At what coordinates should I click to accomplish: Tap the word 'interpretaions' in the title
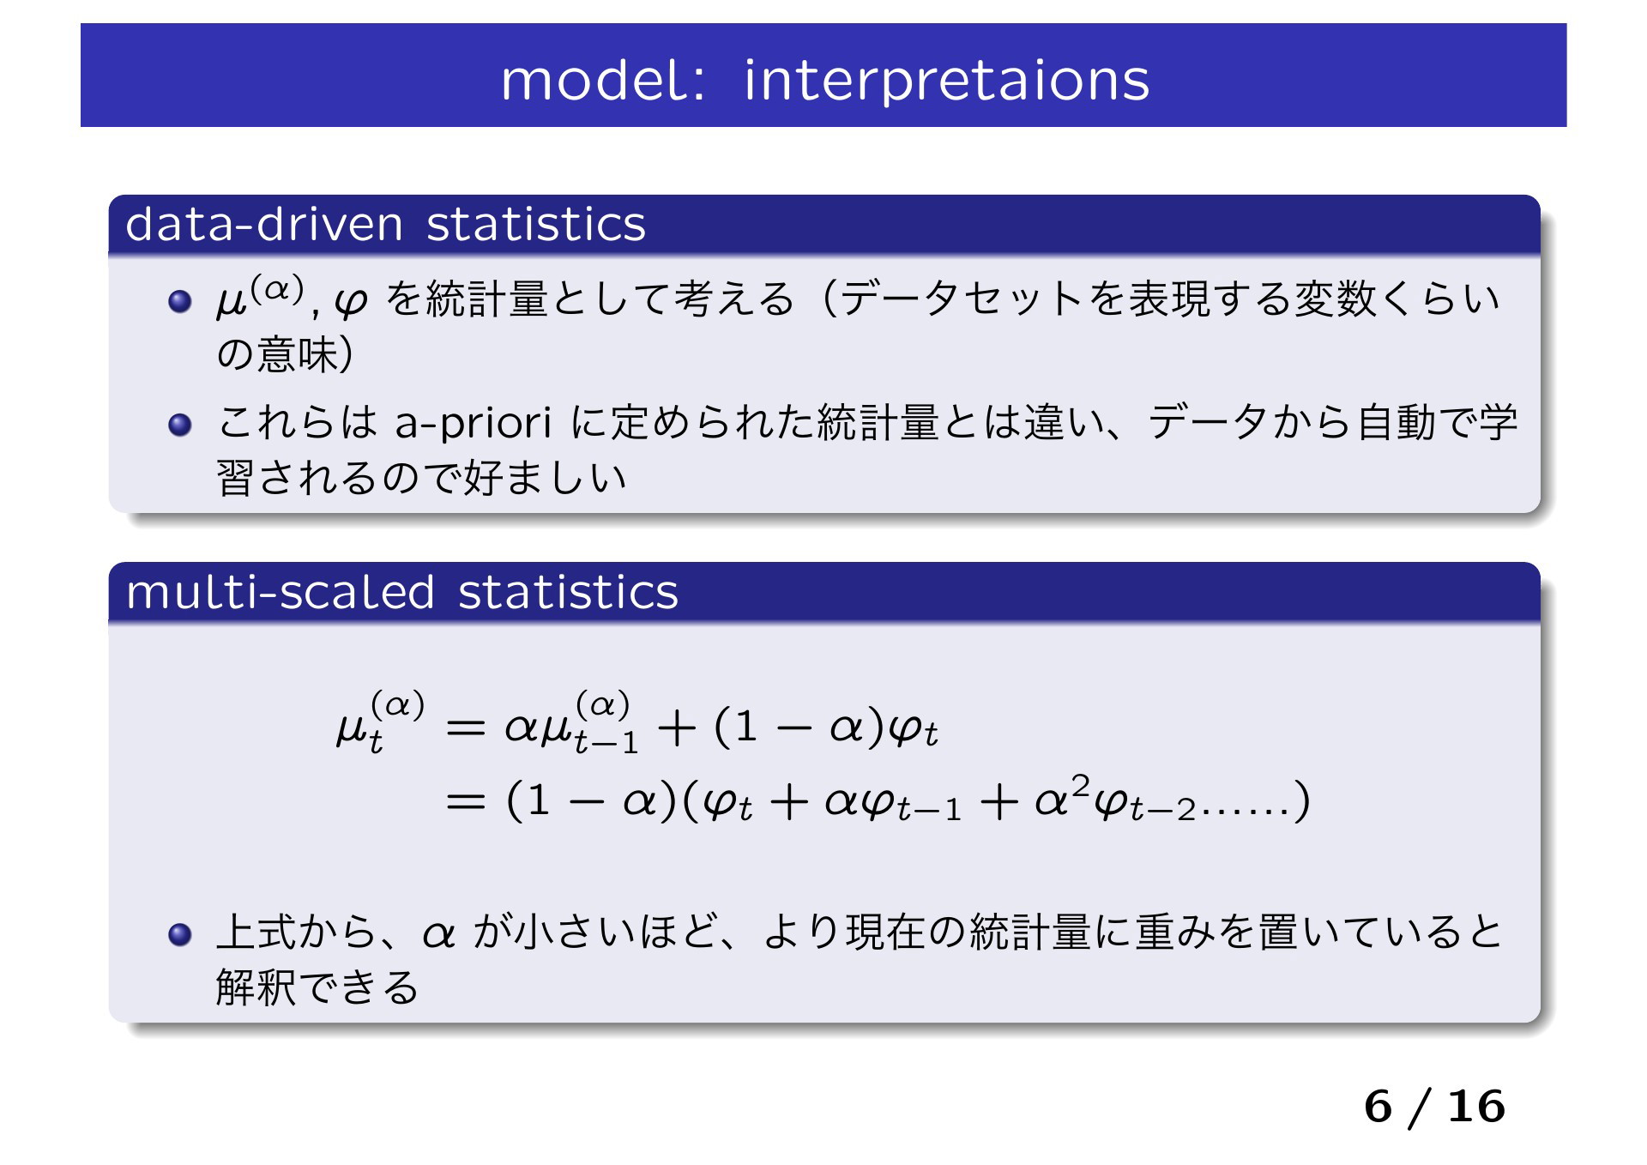[946, 81]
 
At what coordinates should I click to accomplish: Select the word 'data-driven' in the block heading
[264, 224]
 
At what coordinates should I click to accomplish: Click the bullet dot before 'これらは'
[180, 425]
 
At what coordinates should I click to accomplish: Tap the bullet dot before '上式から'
[180, 934]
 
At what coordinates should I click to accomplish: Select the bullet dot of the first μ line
[180, 301]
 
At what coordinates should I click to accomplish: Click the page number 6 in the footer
[1378, 1107]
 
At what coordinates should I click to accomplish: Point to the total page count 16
[1476, 1107]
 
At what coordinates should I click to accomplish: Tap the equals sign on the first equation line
[466, 728]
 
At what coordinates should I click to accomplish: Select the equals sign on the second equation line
[466, 802]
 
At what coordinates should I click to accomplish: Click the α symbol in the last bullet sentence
[438, 935]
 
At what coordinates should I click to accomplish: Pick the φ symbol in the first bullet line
[351, 301]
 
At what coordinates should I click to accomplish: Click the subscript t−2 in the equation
[1162, 808]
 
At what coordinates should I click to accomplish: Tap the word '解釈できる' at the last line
[317, 987]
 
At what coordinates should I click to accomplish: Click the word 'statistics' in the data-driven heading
[536, 224]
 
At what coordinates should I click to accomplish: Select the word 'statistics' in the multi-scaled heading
[568, 592]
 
